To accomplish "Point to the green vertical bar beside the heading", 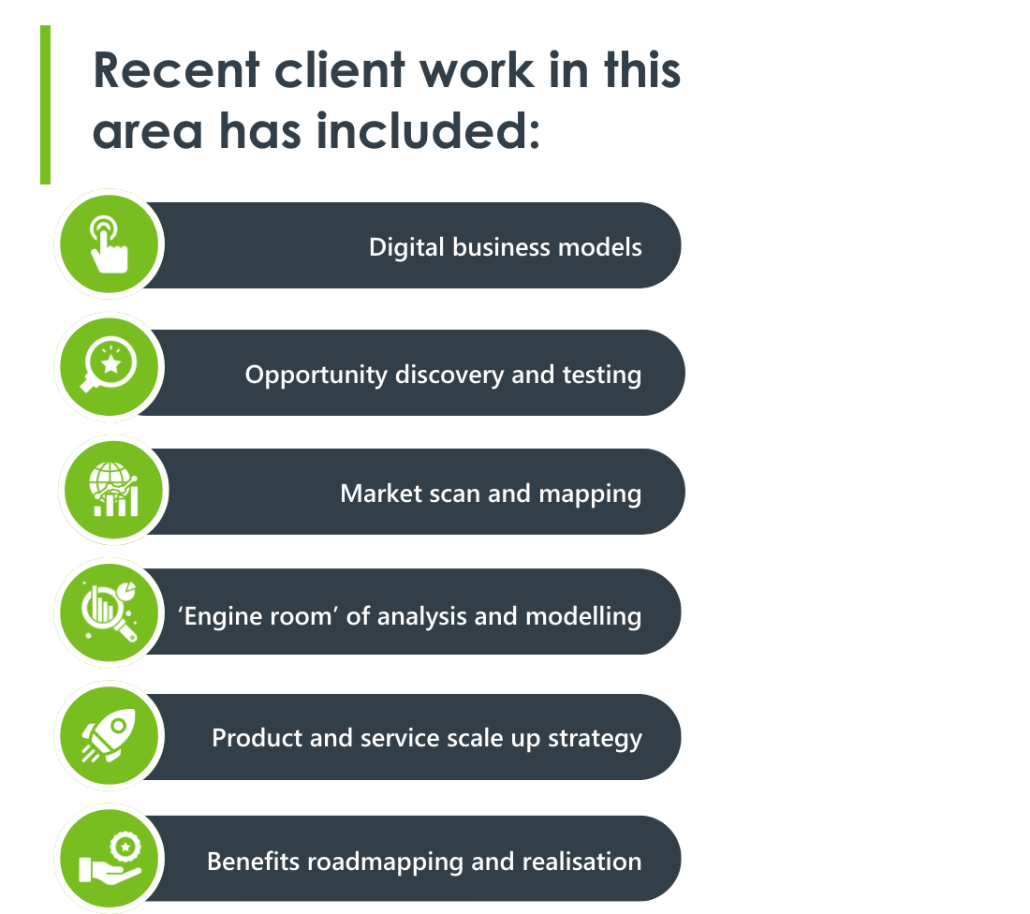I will coord(45,104).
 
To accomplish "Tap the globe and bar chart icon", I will coord(113,491).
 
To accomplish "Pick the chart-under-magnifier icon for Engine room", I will coord(110,612).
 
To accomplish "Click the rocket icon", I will coord(110,736).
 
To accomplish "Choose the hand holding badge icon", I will coord(110,858).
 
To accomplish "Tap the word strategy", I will coord(596,738).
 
